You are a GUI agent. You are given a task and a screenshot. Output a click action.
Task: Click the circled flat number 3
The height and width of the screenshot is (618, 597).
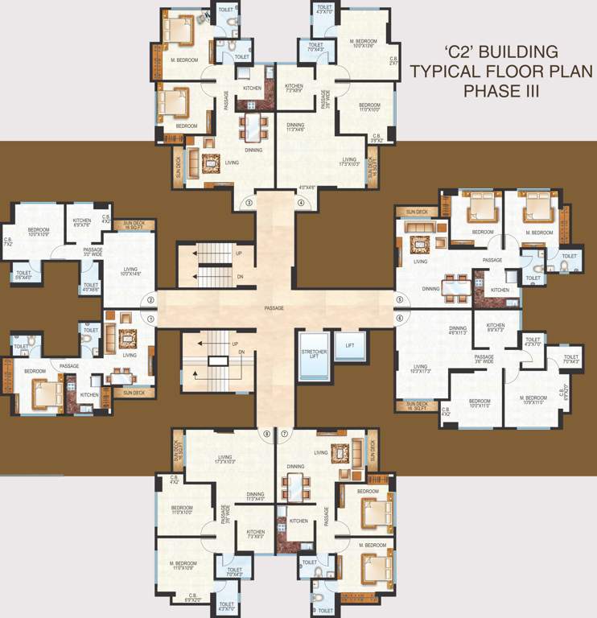[249, 203]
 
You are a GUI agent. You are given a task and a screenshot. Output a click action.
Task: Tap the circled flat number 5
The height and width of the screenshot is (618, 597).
[399, 300]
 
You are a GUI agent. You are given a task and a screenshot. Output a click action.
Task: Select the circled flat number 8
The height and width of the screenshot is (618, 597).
[266, 435]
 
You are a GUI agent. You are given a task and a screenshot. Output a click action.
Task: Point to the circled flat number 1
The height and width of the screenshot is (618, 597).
[150, 319]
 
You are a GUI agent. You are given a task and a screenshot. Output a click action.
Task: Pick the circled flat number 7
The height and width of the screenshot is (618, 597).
[284, 435]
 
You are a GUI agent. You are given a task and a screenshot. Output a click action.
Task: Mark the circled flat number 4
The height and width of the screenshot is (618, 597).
[301, 203]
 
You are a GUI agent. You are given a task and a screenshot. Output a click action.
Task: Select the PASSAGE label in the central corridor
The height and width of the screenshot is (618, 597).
[274, 308]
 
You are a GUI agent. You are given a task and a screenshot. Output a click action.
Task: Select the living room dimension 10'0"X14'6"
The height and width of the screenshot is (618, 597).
[131, 274]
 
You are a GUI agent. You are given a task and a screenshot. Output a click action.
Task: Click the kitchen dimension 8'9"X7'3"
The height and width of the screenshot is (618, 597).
[496, 329]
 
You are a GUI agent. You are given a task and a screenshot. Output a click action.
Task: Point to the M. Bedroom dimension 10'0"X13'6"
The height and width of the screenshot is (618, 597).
[364, 46]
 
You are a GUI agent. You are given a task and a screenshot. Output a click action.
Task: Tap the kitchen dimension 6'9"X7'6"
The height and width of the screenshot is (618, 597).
[82, 226]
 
